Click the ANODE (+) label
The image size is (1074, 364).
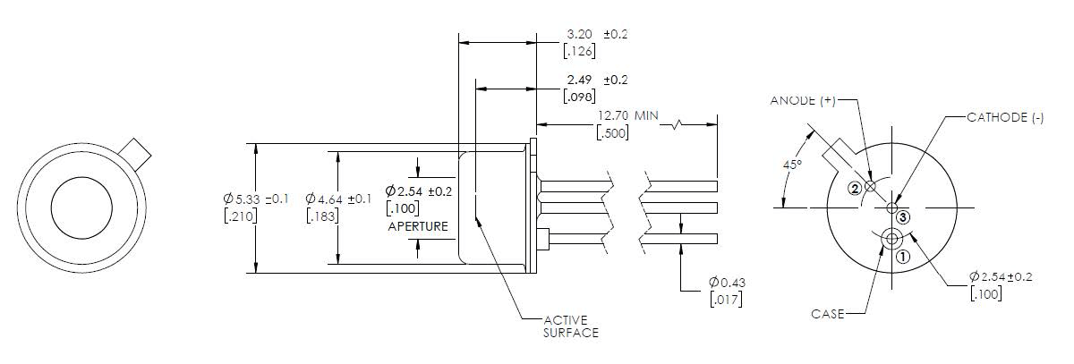(x=803, y=100)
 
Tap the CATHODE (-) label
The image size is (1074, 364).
(x=1005, y=118)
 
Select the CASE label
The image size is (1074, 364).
(x=828, y=314)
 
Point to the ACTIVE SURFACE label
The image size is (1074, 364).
(x=571, y=326)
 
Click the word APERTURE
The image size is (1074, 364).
(x=418, y=226)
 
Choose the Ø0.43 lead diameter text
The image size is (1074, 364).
(x=726, y=283)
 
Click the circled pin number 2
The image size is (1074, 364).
(x=856, y=188)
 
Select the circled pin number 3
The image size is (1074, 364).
(x=903, y=217)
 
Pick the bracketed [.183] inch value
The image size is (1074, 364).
(x=323, y=216)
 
